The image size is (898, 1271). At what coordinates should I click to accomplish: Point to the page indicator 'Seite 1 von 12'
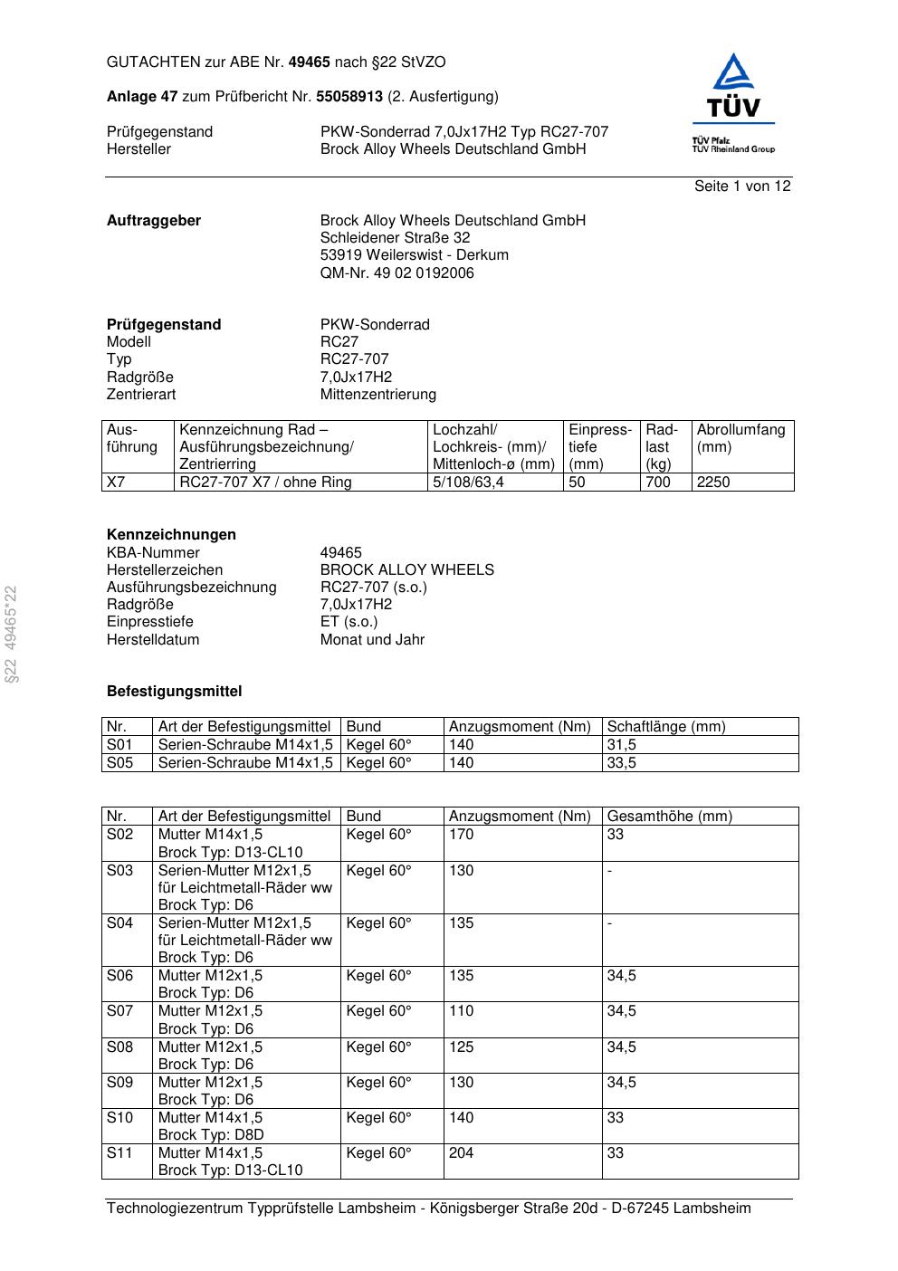click(742, 186)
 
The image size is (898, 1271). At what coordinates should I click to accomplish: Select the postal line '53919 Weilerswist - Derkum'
click(414, 255)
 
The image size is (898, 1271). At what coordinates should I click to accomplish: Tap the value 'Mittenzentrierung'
click(377, 395)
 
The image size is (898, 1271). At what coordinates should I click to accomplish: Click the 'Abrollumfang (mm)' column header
click(740, 438)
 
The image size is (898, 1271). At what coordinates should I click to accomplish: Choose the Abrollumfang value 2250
click(713, 483)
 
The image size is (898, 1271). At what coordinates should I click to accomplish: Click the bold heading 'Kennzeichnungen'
click(171, 535)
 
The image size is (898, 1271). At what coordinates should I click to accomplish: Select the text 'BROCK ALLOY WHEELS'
click(406, 570)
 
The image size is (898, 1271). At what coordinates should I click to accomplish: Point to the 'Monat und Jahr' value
click(372, 640)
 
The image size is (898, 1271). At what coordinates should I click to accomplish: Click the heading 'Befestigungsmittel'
click(174, 692)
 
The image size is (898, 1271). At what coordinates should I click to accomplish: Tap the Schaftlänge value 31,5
click(621, 745)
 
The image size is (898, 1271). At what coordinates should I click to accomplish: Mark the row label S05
click(119, 763)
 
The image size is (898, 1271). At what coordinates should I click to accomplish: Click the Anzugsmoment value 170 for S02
click(461, 835)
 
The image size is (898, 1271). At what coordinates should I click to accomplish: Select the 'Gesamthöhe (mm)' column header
click(669, 817)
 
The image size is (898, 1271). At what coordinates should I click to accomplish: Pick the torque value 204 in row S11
click(461, 1153)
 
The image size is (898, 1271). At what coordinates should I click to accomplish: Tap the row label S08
click(119, 1047)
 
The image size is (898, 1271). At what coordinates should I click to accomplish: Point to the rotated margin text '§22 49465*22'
click(11, 635)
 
